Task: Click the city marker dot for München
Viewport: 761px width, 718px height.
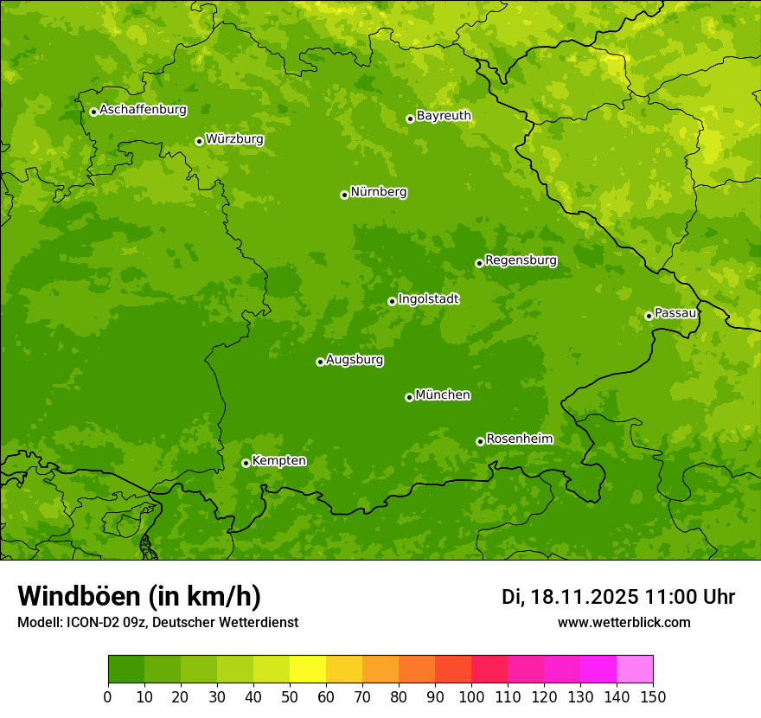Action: [409, 397]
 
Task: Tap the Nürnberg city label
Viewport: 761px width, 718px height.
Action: [378, 192]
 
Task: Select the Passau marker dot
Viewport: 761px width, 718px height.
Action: [649, 316]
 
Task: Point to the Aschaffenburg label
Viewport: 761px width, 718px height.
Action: [143, 110]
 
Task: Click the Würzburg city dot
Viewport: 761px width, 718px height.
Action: [199, 141]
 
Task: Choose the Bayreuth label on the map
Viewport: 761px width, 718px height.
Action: [444, 116]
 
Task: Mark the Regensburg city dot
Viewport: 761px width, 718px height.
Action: [479, 263]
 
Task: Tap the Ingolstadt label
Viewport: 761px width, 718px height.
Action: [428, 299]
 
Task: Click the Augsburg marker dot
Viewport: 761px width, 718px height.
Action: [320, 362]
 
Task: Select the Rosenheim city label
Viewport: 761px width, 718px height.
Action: [519, 439]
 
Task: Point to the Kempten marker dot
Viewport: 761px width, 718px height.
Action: [246, 463]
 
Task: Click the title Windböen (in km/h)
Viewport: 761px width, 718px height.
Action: [138, 596]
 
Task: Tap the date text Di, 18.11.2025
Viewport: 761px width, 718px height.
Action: [570, 597]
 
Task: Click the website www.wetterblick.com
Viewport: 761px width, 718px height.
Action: [624, 622]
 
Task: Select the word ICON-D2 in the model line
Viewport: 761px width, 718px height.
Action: [91, 622]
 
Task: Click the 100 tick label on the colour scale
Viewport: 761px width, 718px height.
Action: [471, 696]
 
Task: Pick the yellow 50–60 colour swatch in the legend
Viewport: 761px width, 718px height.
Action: [308, 670]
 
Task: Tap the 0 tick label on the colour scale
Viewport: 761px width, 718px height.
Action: [108, 696]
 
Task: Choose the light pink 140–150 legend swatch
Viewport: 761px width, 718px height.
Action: [635, 670]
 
